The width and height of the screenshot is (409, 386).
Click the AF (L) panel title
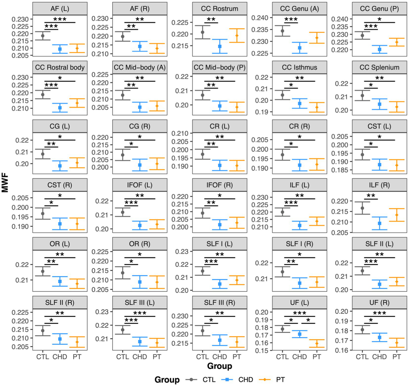[60, 9]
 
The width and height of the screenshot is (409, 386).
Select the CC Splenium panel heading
[379, 68]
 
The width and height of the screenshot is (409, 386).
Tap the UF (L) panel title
[299, 303]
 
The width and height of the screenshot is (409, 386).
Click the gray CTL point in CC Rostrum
[203, 32]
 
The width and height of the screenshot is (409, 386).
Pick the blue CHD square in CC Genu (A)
[299, 48]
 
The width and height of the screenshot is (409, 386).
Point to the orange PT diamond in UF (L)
[317, 343]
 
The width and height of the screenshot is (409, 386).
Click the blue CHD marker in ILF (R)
[379, 223]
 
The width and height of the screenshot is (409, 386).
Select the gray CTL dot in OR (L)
[43, 271]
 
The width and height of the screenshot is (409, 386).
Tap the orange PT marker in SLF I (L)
[237, 280]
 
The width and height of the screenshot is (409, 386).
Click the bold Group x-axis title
[220, 366]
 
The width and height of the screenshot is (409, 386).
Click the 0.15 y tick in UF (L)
[262, 351]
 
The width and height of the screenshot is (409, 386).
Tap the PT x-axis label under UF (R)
[396, 357]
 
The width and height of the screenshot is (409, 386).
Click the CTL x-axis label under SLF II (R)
[43, 357]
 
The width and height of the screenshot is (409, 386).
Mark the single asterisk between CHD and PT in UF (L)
[308, 320]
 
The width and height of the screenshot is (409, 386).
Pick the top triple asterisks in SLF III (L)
[140, 313]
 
